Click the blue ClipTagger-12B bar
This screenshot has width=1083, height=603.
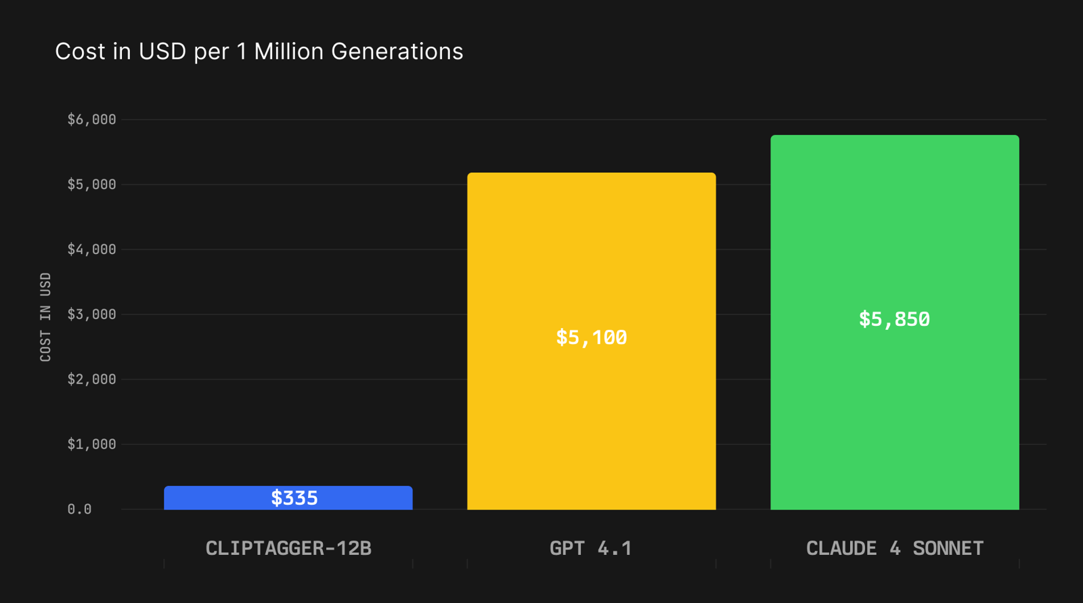pos(203,498)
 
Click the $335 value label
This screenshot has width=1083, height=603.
pos(294,499)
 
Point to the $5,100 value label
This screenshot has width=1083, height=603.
pos(591,337)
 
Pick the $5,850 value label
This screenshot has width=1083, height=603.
pos(894,319)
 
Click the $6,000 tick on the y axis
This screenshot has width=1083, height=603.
pos(91,120)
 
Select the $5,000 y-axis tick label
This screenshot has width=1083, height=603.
pos(91,185)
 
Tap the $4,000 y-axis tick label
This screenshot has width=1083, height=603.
pos(91,250)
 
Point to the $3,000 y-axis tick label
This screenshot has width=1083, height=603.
pos(91,314)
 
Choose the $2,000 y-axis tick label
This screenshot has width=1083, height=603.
pos(91,379)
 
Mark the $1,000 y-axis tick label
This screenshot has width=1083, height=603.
pos(91,444)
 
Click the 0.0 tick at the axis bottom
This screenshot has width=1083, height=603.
pos(79,510)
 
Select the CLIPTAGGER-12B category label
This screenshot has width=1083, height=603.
pos(288,548)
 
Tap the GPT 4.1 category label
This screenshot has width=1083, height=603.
pos(591,548)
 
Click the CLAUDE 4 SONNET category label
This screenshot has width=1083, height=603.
pos(894,548)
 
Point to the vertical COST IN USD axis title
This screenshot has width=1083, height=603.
pos(45,317)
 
